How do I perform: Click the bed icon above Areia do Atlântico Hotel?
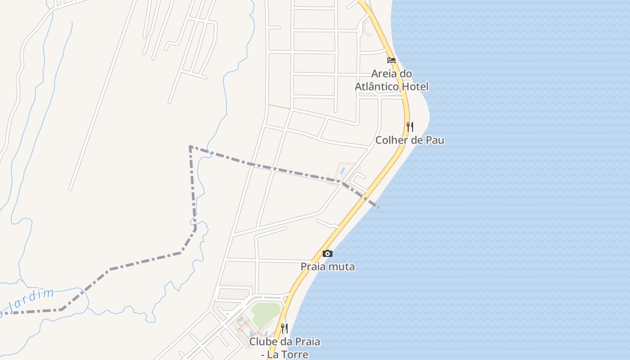point(391,60)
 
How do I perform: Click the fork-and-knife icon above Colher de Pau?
point(409,126)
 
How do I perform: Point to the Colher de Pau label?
point(410,140)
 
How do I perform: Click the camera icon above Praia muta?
point(328,254)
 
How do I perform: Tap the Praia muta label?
point(328,267)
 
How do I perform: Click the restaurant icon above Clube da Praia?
point(284,328)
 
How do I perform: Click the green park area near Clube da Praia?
point(265,311)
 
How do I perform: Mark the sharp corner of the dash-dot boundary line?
point(190,147)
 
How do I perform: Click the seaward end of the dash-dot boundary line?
point(378,207)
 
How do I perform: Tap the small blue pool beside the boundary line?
point(343,171)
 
